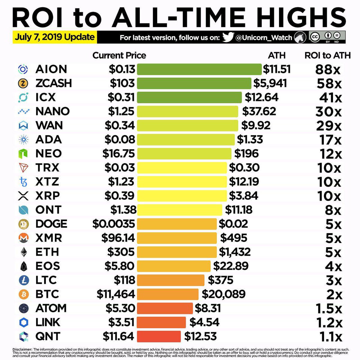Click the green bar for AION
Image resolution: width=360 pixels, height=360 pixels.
click(199, 69)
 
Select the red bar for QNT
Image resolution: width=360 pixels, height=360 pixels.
click(159, 336)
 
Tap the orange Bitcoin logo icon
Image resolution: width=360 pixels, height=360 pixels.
click(23, 294)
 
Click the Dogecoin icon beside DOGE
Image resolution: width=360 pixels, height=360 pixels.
click(23, 224)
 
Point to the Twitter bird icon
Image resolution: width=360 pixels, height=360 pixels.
click(228, 37)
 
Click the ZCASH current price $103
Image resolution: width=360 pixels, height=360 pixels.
click(122, 83)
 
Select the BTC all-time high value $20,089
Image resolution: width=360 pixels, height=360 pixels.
click(223, 294)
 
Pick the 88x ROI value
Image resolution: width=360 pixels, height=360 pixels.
click(328, 70)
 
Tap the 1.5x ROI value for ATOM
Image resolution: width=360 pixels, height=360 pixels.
click(329, 308)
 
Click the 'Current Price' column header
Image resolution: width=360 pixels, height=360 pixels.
click(119, 55)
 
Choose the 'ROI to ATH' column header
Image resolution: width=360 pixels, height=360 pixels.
click(328, 55)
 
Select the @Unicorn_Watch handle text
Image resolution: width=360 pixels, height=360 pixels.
click(264, 38)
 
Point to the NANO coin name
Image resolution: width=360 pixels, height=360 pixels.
click(52, 111)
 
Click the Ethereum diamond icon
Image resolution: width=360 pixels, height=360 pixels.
click(23, 252)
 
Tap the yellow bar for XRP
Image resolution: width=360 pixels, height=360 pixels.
click(182, 196)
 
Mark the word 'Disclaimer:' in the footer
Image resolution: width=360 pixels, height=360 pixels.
click(22, 349)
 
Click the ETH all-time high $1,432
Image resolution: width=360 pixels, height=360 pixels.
click(235, 252)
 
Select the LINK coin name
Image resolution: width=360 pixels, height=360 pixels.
click(48, 322)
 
